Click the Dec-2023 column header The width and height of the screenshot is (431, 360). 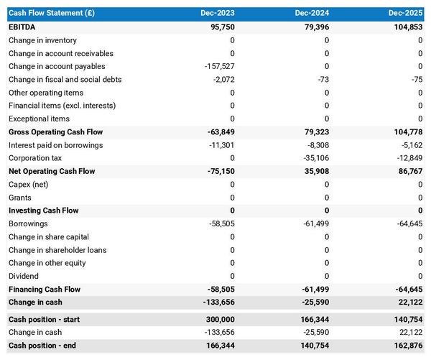coord(218,14)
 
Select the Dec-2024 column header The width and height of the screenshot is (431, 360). coord(312,14)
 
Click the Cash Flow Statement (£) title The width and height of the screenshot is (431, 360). coord(51,14)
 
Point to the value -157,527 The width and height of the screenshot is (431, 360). coord(217,66)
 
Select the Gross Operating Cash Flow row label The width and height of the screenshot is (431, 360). coord(55,132)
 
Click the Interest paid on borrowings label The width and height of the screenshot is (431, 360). coord(55,145)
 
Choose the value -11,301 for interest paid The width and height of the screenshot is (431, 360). coord(219,145)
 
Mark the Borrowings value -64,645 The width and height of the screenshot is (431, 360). coord(407,224)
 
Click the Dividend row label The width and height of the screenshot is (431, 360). coord(24,276)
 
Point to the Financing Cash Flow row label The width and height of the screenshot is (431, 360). coord(44,290)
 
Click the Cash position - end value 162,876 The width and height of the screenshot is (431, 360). coord(407,346)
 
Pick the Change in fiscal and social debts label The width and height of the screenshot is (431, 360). coord(65,80)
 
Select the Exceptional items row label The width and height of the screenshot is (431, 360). coord(39,119)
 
